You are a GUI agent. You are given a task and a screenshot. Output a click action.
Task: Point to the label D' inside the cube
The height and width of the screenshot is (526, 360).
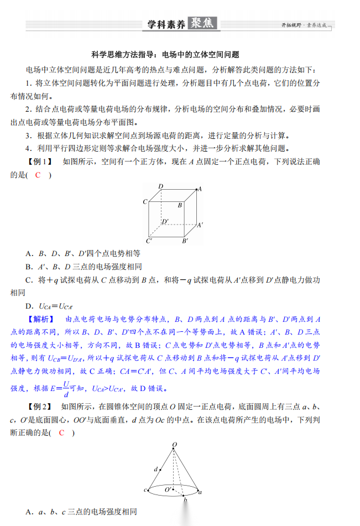tap(165, 222)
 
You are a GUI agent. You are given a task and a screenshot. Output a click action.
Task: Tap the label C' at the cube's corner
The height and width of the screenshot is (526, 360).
tap(149, 241)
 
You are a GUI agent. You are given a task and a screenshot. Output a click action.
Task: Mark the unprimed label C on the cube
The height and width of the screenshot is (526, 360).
tap(145, 201)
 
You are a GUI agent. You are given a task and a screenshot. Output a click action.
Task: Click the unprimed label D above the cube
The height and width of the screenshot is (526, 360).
tap(160, 186)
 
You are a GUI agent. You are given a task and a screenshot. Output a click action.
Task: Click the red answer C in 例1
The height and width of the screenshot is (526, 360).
tap(38, 175)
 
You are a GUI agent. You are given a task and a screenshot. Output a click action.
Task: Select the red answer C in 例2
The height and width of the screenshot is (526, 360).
tap(61, 433)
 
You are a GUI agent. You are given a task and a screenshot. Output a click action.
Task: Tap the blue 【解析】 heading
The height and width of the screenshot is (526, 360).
tap(41, 319)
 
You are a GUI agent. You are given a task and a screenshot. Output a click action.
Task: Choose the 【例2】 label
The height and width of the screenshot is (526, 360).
tap(40, 407)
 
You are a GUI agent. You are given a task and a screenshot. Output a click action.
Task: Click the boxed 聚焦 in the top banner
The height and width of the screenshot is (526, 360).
tap(204, 24)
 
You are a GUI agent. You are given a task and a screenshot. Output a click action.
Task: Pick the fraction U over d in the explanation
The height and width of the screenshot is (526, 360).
tap(65, 388)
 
